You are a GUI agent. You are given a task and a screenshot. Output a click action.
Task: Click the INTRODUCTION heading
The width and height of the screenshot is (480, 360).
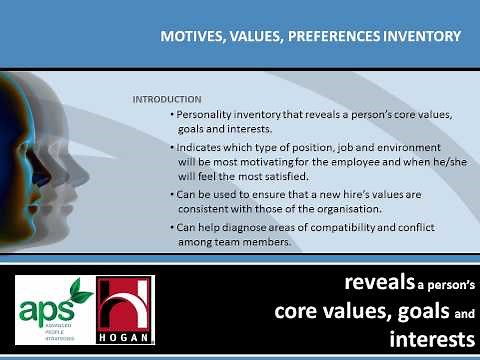coord(166,101)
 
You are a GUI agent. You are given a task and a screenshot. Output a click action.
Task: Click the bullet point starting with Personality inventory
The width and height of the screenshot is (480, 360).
coord(276,122)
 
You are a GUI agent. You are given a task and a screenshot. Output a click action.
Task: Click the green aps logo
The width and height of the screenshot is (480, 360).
coord(56,305)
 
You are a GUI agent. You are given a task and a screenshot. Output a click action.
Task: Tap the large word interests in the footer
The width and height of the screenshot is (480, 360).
coord(425,339)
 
